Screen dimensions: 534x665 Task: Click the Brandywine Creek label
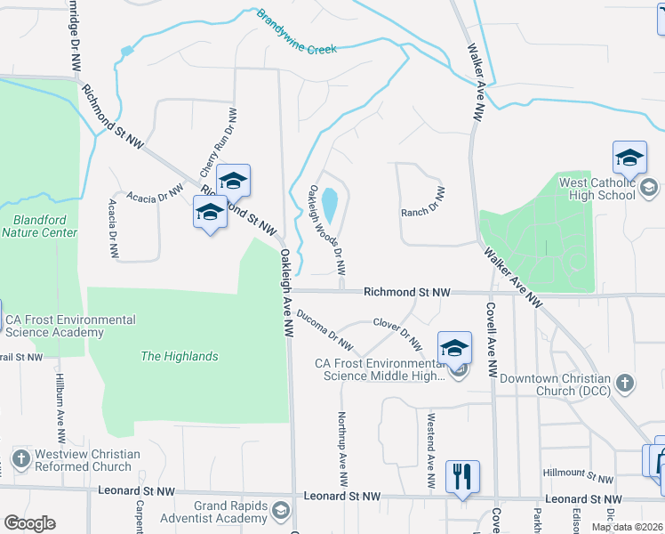point(297,33)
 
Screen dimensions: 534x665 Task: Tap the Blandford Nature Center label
point(39,226)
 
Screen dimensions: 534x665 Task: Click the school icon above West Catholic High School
point(629,158)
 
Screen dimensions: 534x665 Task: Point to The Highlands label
point(179,356)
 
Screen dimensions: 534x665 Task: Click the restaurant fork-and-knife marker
point(461,475)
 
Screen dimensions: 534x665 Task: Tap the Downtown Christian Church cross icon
point(625,383)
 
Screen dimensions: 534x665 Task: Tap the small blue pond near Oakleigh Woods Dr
point(329,206)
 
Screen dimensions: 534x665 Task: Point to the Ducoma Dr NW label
point(324,329)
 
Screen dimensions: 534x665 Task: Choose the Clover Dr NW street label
point(397,333)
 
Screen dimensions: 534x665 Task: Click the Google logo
point(28,523)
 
